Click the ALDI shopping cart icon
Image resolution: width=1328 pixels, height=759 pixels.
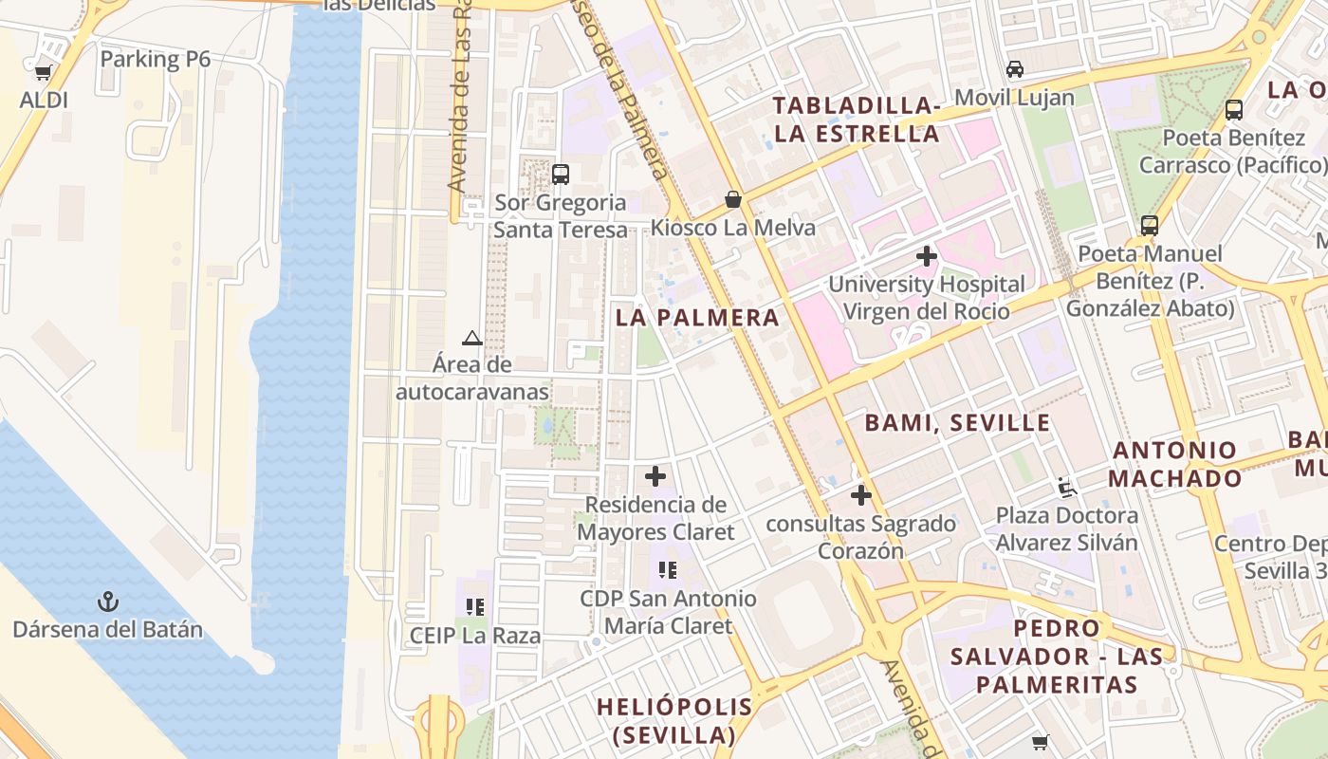(x=43, y=72)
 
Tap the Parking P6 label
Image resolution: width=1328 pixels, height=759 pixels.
(x=155, y=59)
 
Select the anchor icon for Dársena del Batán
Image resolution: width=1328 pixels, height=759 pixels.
(x=108, y=602)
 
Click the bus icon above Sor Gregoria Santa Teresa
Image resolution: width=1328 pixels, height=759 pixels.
(x=561, y=175)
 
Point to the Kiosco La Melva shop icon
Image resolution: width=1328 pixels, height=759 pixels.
(x=733, y=199)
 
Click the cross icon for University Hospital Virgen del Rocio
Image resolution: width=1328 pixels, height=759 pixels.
(x=927, y=256)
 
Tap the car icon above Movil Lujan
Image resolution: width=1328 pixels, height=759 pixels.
(x=1015, y=69)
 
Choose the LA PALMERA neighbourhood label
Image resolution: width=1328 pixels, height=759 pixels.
(x=697, y=318)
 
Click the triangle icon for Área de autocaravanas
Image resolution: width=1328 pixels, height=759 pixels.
(x=472, y=338)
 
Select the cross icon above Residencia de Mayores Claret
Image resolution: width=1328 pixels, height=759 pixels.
(x=655, y=476)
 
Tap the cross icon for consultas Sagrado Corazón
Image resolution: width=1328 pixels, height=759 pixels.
(x=861, y=495)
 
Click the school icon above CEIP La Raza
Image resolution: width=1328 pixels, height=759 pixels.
(x=475, y=607)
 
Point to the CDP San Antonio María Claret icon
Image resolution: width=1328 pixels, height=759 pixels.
(x=668, y=570)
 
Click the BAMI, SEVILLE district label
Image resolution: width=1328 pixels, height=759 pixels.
(x=957, y=423)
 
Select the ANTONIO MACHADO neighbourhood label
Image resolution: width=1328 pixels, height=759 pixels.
(x=1174, y=464)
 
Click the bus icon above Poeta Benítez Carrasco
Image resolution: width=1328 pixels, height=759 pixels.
(x=1234, y=110)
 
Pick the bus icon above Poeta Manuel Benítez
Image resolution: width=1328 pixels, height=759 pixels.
(x=1150, y=226)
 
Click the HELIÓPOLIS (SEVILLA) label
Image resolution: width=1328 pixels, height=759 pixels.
(x=674, y=720)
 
